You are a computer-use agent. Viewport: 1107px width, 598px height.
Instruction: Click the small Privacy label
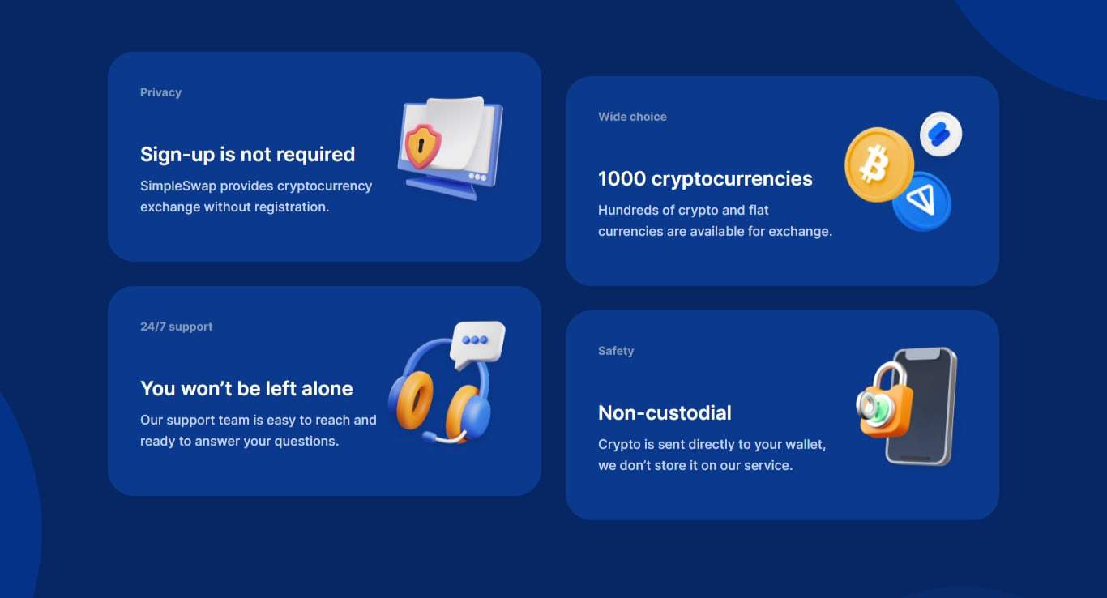pyautogui.click(x=160, y=92)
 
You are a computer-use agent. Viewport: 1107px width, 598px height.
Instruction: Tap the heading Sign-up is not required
pyautogui.click(x=247, y=154)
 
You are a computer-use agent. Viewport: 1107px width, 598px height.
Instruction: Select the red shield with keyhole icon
pyautogui.click(x=422, y=145)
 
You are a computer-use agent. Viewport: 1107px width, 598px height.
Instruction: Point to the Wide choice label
pyautogui.click(x=632, y=117)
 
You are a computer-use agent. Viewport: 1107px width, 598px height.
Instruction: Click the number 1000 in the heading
pyautogui.click(x=622, y=178)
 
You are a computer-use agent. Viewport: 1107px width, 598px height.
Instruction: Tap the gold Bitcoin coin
pyautogui.click(x=878, y=164)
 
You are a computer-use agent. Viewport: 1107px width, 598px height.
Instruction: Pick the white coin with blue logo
pyautogui.click(x=941, y=134)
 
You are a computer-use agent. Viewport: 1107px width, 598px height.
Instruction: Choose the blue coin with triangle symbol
pyautogui.click(x=922, y=201)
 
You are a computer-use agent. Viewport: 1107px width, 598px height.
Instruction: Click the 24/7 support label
pyautogui.click(x=176, y=327)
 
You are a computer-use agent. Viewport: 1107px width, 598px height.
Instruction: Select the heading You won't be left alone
pyautogui.click(x=246, y=388)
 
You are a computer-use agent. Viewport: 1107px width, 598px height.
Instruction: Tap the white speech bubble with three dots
pyautogui.click(x=477, y=342)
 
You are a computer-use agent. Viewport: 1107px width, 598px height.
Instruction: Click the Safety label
pyautogui.click(x=616, y=351)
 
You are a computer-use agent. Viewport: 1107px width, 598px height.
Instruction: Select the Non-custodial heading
pyautogui.click(x=665, y=412)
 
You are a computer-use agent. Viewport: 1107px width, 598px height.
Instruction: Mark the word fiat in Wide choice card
pyautogui.click(x=759, y=210)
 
